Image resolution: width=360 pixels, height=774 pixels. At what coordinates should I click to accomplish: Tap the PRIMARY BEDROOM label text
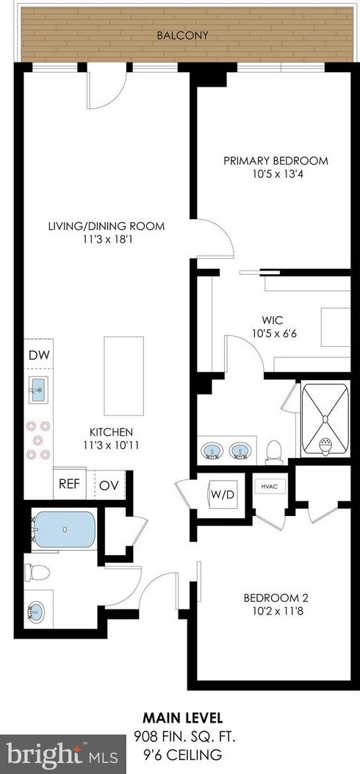click(276, 161)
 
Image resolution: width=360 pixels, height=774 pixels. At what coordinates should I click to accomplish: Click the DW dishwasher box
click(37, 356)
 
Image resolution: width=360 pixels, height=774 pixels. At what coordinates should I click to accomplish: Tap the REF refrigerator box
click(69, 484)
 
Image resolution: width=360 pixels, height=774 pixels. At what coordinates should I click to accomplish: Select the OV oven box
click(109, 484)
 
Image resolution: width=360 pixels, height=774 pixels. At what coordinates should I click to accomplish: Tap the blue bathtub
click(65, 529)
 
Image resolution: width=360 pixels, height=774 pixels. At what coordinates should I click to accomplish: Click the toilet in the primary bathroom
click(275, 448)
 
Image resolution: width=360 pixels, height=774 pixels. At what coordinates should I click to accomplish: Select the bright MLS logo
click(48, 753)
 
